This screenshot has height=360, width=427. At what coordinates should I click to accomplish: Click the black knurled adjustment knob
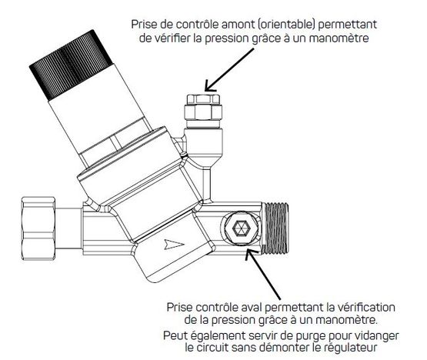pos(71,65)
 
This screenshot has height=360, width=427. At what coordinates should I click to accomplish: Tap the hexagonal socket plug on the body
pos(242,228)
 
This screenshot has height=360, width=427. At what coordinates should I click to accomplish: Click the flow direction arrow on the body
pos(174,245)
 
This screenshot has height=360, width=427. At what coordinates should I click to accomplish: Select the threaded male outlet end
pos(275,228)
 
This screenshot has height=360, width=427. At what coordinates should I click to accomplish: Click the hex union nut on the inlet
pos(38,228)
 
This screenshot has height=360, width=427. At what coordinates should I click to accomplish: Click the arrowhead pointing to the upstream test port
pos(210,85)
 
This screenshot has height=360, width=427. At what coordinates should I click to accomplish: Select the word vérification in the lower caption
pos(364,308)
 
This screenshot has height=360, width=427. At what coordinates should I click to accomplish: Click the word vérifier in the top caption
pos(171,38)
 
